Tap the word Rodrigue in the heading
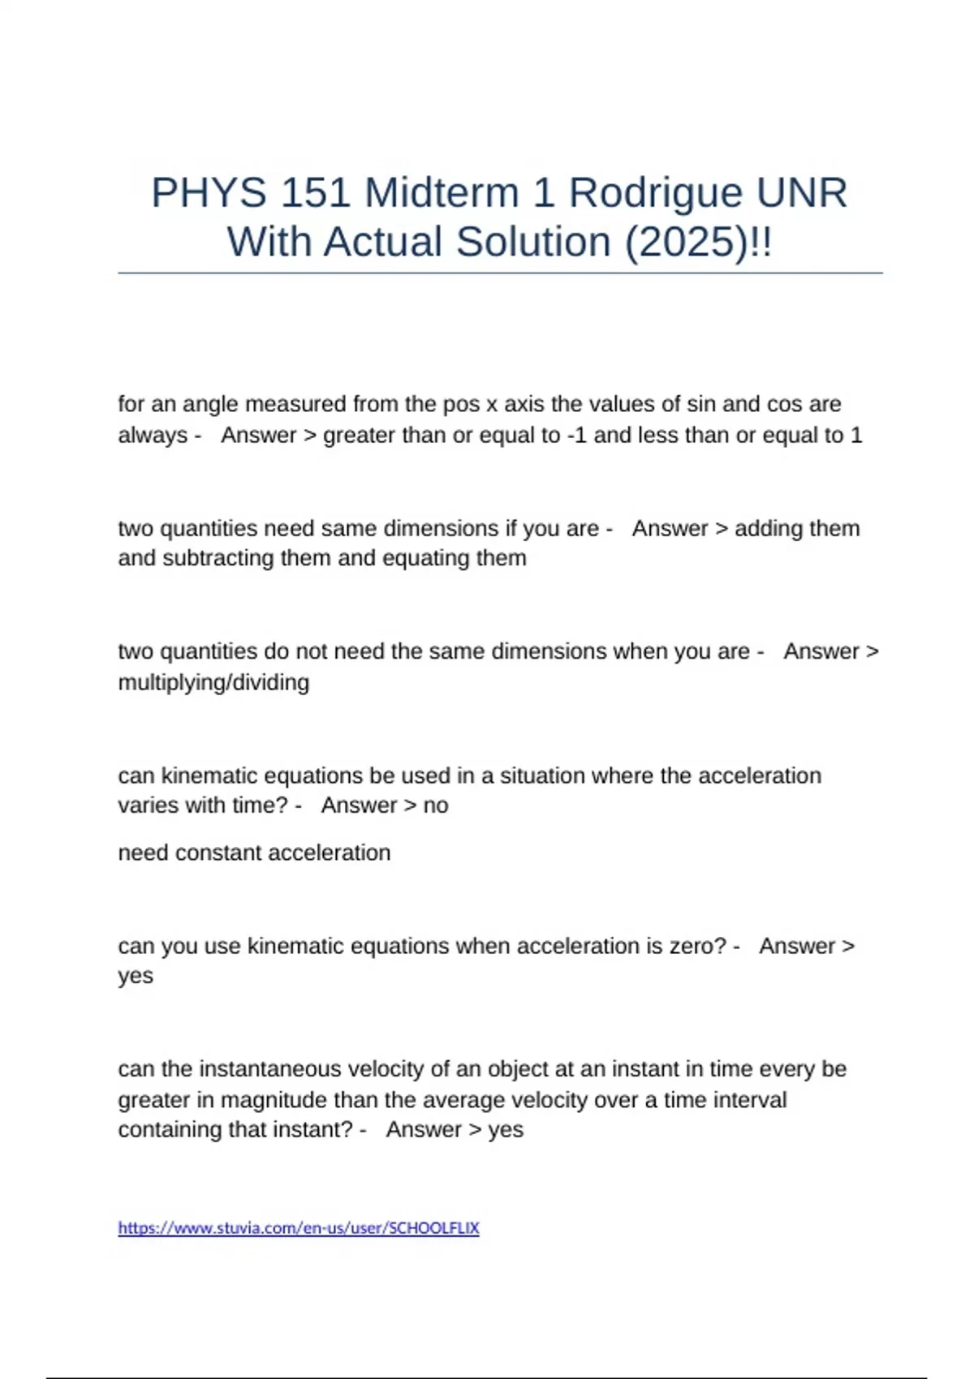[655, 193]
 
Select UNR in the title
[802, 193]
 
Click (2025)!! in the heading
[698, 243]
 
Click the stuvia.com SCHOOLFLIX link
[299, 1228]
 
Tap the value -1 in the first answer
[576, 436]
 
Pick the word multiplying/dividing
[213, 683]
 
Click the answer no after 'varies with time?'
[436, 805]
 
